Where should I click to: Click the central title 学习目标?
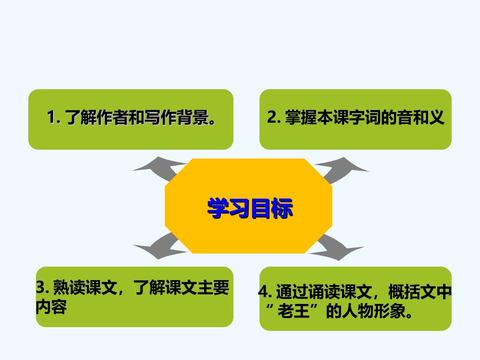250,208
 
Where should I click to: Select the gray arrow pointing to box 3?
155,248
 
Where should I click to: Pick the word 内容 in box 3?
51,307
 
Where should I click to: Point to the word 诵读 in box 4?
323,293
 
